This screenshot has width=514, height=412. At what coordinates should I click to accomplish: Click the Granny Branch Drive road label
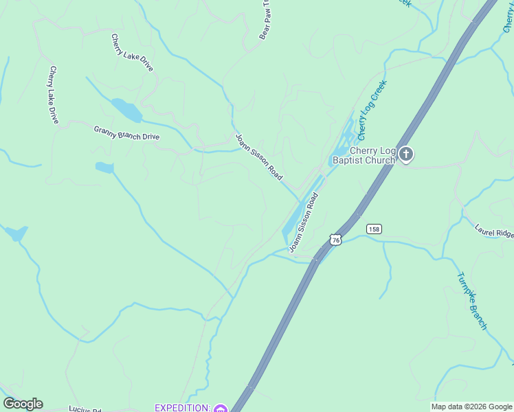point(126,133)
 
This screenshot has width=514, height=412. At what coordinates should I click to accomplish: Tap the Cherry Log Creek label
point(372,108)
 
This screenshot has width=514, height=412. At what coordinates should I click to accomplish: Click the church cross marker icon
point(406,154)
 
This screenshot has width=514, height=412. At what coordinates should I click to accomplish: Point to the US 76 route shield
point(335,239)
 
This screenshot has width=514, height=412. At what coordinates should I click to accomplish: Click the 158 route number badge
point(374,229)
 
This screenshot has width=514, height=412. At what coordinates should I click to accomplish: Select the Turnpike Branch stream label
point(472,301)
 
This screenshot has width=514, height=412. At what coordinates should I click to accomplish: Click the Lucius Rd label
point(85,409)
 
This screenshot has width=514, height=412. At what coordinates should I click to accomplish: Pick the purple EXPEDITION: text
point(182,408)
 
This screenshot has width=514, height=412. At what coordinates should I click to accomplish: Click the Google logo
point(23,404)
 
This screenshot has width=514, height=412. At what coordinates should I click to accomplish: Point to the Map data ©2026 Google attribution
point(471,407)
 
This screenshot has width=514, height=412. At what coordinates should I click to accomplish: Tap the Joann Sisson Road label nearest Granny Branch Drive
point(258,157)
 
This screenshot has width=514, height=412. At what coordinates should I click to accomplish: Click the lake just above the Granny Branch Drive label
point(126,109)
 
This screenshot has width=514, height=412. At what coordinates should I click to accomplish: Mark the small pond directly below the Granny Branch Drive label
point(104,167)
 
